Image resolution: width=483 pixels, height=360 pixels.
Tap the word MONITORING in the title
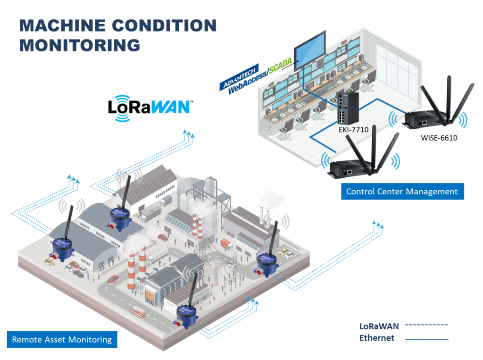(80, 46)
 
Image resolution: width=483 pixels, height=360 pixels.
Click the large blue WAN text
(170, 107)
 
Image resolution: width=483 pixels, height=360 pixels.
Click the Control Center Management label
(402, 192)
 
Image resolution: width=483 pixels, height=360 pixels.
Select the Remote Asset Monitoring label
(62, 339)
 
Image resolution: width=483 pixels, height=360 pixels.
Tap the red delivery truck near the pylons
(227, 244)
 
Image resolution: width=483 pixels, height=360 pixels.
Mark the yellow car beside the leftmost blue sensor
(49, 260)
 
